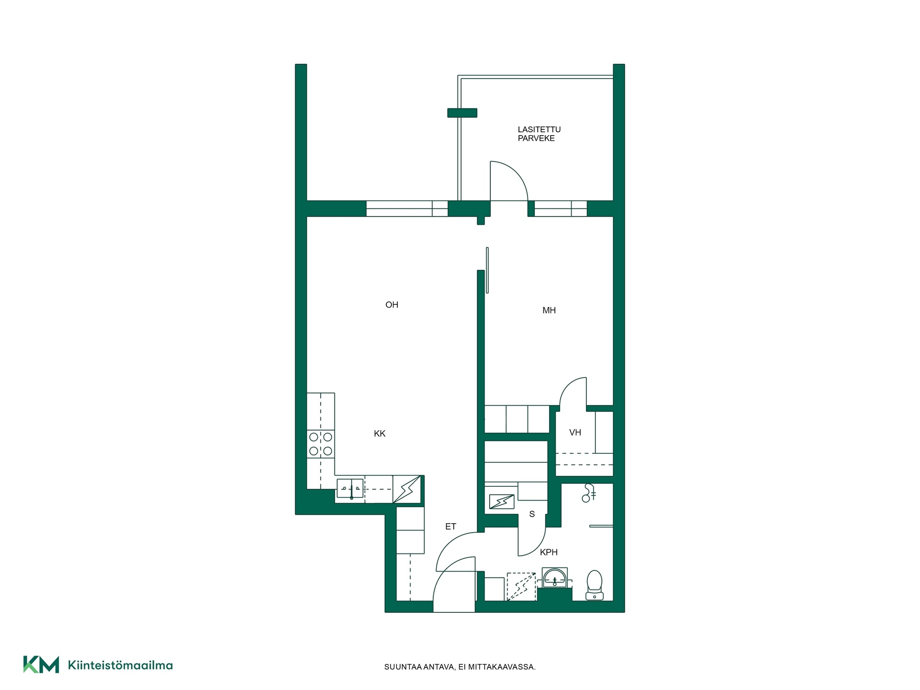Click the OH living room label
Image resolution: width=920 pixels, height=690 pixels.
click(391, 305)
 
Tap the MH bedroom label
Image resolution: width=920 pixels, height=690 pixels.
click(549, 310)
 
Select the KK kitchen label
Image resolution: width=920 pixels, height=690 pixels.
click(379, 434)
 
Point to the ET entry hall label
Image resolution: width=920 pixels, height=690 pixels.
click(450, 527)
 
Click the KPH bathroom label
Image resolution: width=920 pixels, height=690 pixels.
click(549, 552)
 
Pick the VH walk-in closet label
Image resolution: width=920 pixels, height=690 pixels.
click(575, 433)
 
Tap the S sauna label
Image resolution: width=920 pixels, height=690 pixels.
click(532, 514)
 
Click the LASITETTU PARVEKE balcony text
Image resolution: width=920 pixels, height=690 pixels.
click(539, 134)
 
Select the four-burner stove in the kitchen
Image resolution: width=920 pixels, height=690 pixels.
click(321, 444)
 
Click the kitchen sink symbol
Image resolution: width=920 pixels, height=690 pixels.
click(351, 489)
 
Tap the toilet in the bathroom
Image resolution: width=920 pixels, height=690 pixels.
click(595, 585)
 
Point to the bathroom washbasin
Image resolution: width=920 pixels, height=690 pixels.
click(555, 578)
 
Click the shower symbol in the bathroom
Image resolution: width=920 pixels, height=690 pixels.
click(588, 493)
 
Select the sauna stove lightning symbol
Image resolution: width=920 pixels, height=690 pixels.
click(501, 502)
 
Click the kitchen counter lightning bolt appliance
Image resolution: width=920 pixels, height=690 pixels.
click(407, 489)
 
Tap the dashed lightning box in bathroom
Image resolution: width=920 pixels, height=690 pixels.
click(521, 586)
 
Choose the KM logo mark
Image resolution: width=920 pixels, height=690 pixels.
click(41, 665)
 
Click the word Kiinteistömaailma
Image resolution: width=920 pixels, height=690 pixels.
click(120, 665)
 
